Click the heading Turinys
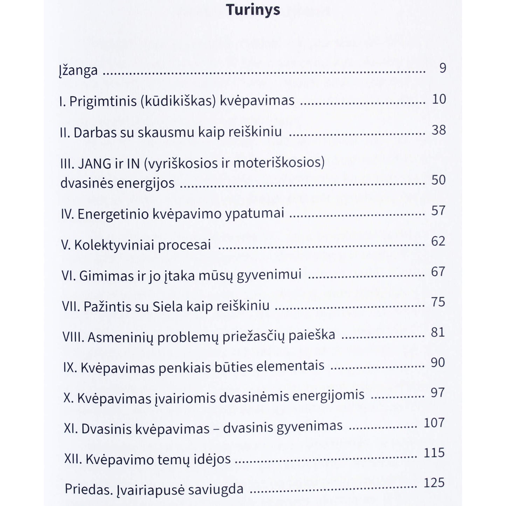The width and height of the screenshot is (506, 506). (253, 10)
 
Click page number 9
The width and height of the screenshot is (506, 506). (443, 68)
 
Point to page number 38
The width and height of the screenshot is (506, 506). (439, 130)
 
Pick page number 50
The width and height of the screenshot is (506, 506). (438, 180)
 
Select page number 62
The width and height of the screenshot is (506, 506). (438, 241)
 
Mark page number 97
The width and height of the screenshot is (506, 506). (438, 393)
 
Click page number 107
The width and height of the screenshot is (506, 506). (434, 423)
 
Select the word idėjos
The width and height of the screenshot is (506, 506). (214, 459)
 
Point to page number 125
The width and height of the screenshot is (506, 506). (434, 483)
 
